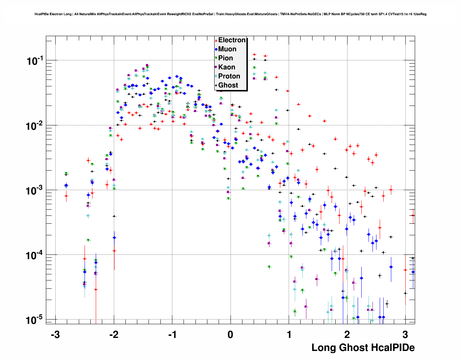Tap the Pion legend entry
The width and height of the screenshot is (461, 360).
coord(225,58)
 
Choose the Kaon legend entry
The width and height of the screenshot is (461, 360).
coord(227,67)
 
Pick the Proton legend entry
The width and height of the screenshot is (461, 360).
coord(229,76)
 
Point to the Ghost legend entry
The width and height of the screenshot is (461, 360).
coord(228,85)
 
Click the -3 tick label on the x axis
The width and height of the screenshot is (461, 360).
coord(55,335)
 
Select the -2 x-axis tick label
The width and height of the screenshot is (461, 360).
coord(113,335)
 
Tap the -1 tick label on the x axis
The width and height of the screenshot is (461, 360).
coord(172,335)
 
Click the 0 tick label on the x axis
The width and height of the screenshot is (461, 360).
coord(231,335)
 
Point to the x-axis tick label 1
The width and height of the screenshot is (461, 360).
coord(289,335)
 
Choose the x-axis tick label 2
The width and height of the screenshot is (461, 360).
coord(347,335)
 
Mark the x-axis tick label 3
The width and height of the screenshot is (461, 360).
coord(405,335)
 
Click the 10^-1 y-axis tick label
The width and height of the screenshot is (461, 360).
coord(35,61)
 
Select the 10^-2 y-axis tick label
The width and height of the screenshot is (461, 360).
coord(35,126)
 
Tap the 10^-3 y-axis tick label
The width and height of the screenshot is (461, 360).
coord(35,190)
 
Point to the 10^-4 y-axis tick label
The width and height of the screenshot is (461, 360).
coord(35,256)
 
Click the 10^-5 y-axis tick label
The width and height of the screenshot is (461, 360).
coord(35,320)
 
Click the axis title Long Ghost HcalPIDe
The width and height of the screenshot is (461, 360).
coord(363,348)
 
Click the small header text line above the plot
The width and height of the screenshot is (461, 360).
coord(231,14)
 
